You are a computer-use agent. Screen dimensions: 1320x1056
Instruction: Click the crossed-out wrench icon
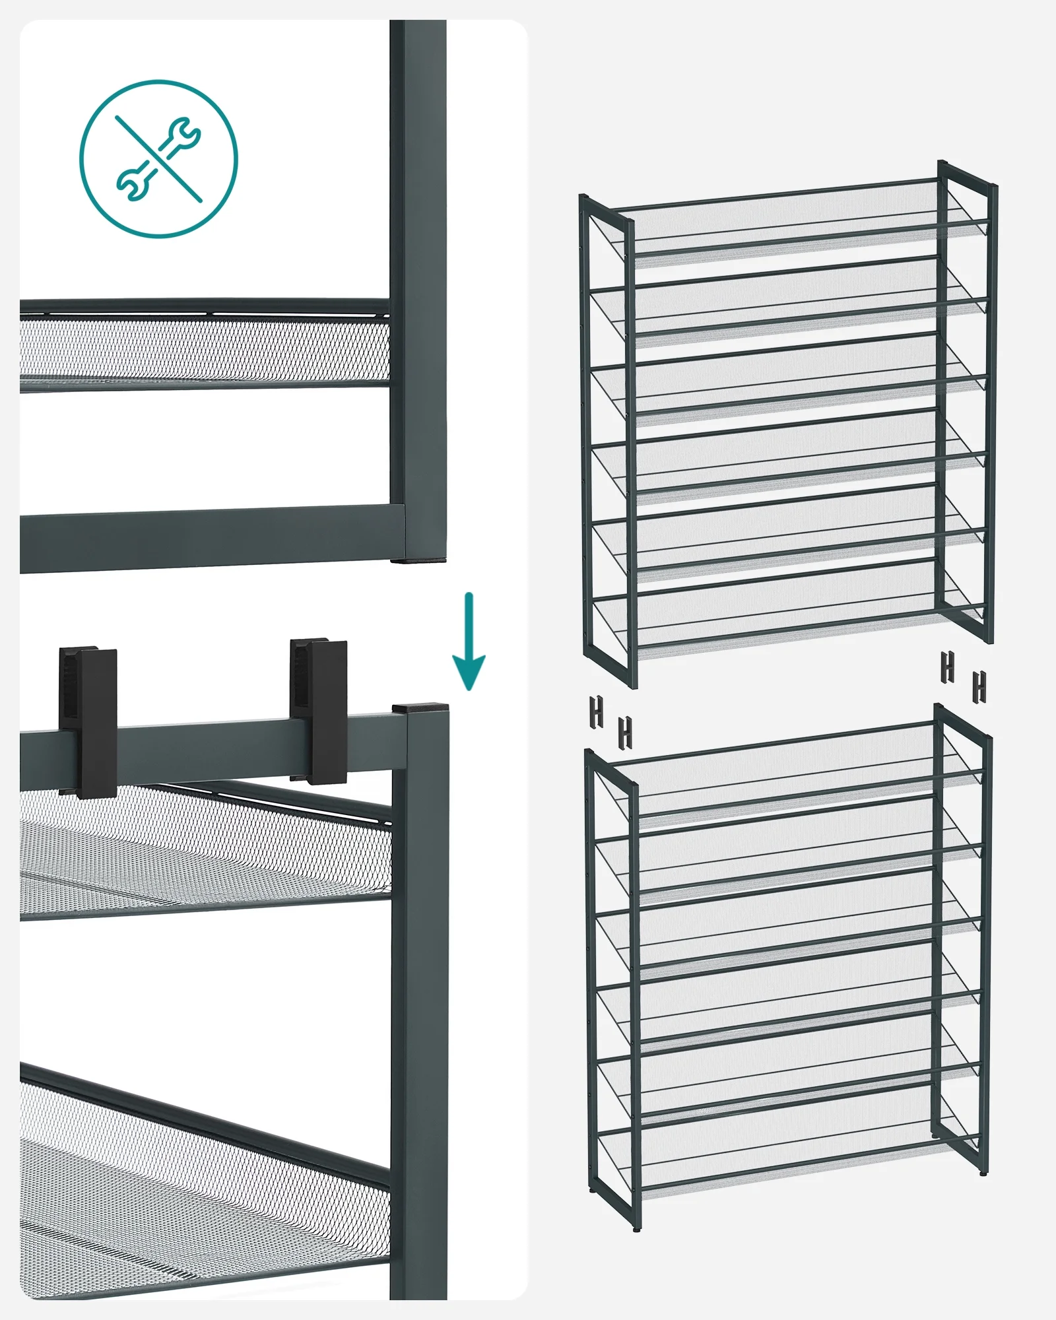pyautogui.click(x=158, y=159)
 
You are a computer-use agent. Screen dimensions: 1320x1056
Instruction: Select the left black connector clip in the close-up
pyautogui.click(x=88, y=723)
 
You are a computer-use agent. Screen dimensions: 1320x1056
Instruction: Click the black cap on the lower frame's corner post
pyautogui.click(x=420, y=708)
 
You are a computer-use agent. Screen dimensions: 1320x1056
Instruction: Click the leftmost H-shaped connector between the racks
pyautogui.click(x=597, y=712)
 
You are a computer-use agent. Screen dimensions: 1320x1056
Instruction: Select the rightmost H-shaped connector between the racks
pyautogui.click(x=979, y=686)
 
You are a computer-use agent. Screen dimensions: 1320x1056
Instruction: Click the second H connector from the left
pyautogui.click(x=624, y=732)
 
